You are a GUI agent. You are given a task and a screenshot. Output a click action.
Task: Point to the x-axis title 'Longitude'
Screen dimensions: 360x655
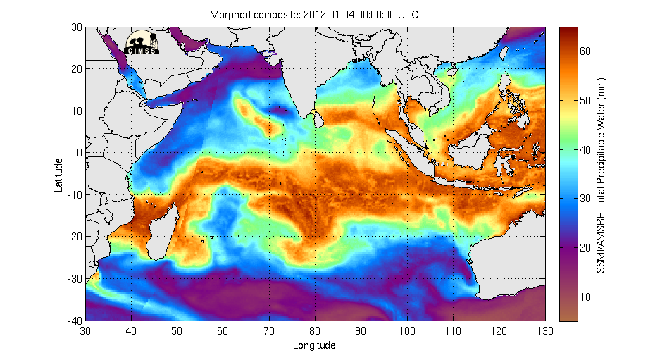314,345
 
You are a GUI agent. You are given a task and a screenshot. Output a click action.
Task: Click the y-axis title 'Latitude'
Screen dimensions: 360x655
60,175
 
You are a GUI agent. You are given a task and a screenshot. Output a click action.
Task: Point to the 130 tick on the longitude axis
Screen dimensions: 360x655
545,330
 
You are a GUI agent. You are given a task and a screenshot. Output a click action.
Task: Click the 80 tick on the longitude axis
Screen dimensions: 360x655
316,330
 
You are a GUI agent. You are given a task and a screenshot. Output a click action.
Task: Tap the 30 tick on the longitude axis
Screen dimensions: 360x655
86,330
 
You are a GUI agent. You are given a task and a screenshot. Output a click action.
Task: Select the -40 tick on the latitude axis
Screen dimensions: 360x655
74,321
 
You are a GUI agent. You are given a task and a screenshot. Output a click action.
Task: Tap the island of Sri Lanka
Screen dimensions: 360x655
319,121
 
